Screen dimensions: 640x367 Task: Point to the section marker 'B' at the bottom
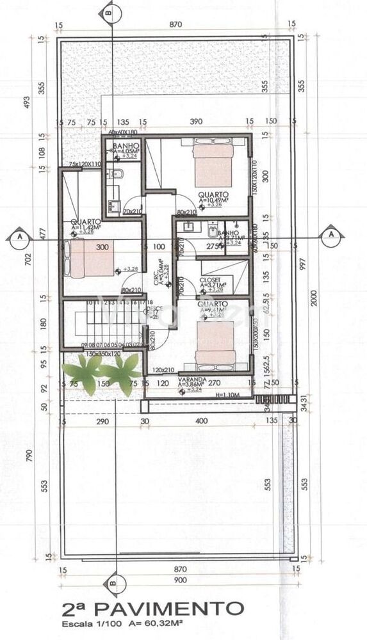coord(113,584)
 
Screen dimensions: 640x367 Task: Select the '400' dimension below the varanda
coord(202,420)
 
